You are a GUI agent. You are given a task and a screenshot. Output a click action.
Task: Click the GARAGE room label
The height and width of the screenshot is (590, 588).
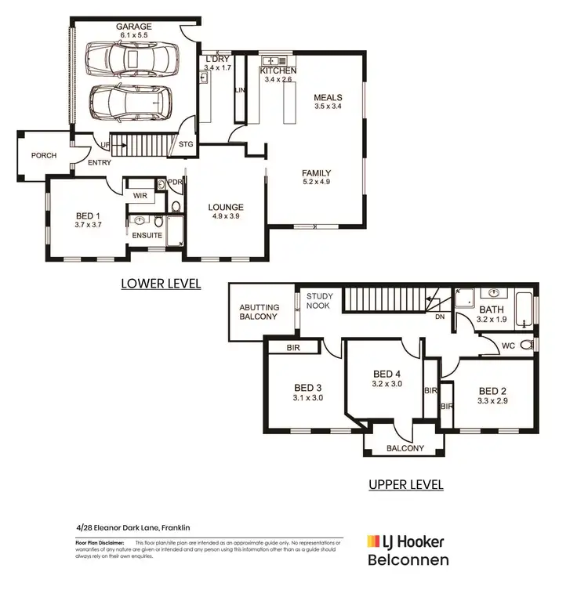(x=134, y=27)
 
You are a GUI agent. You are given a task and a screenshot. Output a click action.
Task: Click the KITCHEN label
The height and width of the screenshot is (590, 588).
(x=278, y=70)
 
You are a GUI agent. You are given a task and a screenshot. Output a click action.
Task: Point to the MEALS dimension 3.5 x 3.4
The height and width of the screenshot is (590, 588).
(x=328, y=106)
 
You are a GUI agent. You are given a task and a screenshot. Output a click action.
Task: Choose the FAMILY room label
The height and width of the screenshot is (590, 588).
(x=317, y=173)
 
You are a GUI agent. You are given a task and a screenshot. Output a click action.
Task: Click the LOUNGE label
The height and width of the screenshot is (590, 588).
(x=226, y=208)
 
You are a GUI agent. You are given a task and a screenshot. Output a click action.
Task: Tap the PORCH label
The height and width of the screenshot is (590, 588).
(x=44, y=155)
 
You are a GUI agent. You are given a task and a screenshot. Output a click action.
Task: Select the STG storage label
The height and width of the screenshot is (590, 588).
(x=186, y=145)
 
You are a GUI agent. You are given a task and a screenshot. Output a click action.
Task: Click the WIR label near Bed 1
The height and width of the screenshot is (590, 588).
(x=141, y=195)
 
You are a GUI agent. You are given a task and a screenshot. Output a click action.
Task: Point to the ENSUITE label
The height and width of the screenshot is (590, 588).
(x=147, y=234)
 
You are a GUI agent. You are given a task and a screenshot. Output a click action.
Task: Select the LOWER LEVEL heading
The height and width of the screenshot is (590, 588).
(x=161, y=284)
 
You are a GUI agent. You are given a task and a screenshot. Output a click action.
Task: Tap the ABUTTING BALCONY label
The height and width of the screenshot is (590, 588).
(x=259, y=312)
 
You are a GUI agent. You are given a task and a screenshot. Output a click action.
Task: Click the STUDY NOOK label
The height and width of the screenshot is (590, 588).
(x=320, y=302)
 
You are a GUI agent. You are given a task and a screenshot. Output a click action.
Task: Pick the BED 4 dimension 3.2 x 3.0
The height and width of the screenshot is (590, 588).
(x=387, y=384)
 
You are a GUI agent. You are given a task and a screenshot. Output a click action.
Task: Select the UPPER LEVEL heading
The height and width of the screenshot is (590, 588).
(x=406, y=484)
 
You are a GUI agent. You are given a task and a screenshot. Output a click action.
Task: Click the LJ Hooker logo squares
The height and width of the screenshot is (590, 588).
(x=374, y=541)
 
